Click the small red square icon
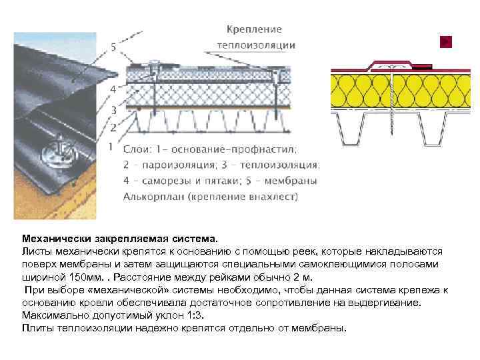point(446,41)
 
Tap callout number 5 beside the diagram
point(113,47)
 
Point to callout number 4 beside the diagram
point(113,88)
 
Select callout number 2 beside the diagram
point(113,126)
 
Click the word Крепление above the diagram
point(254,29)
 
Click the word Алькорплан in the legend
point(152,197)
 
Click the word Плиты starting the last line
point(37,327)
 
